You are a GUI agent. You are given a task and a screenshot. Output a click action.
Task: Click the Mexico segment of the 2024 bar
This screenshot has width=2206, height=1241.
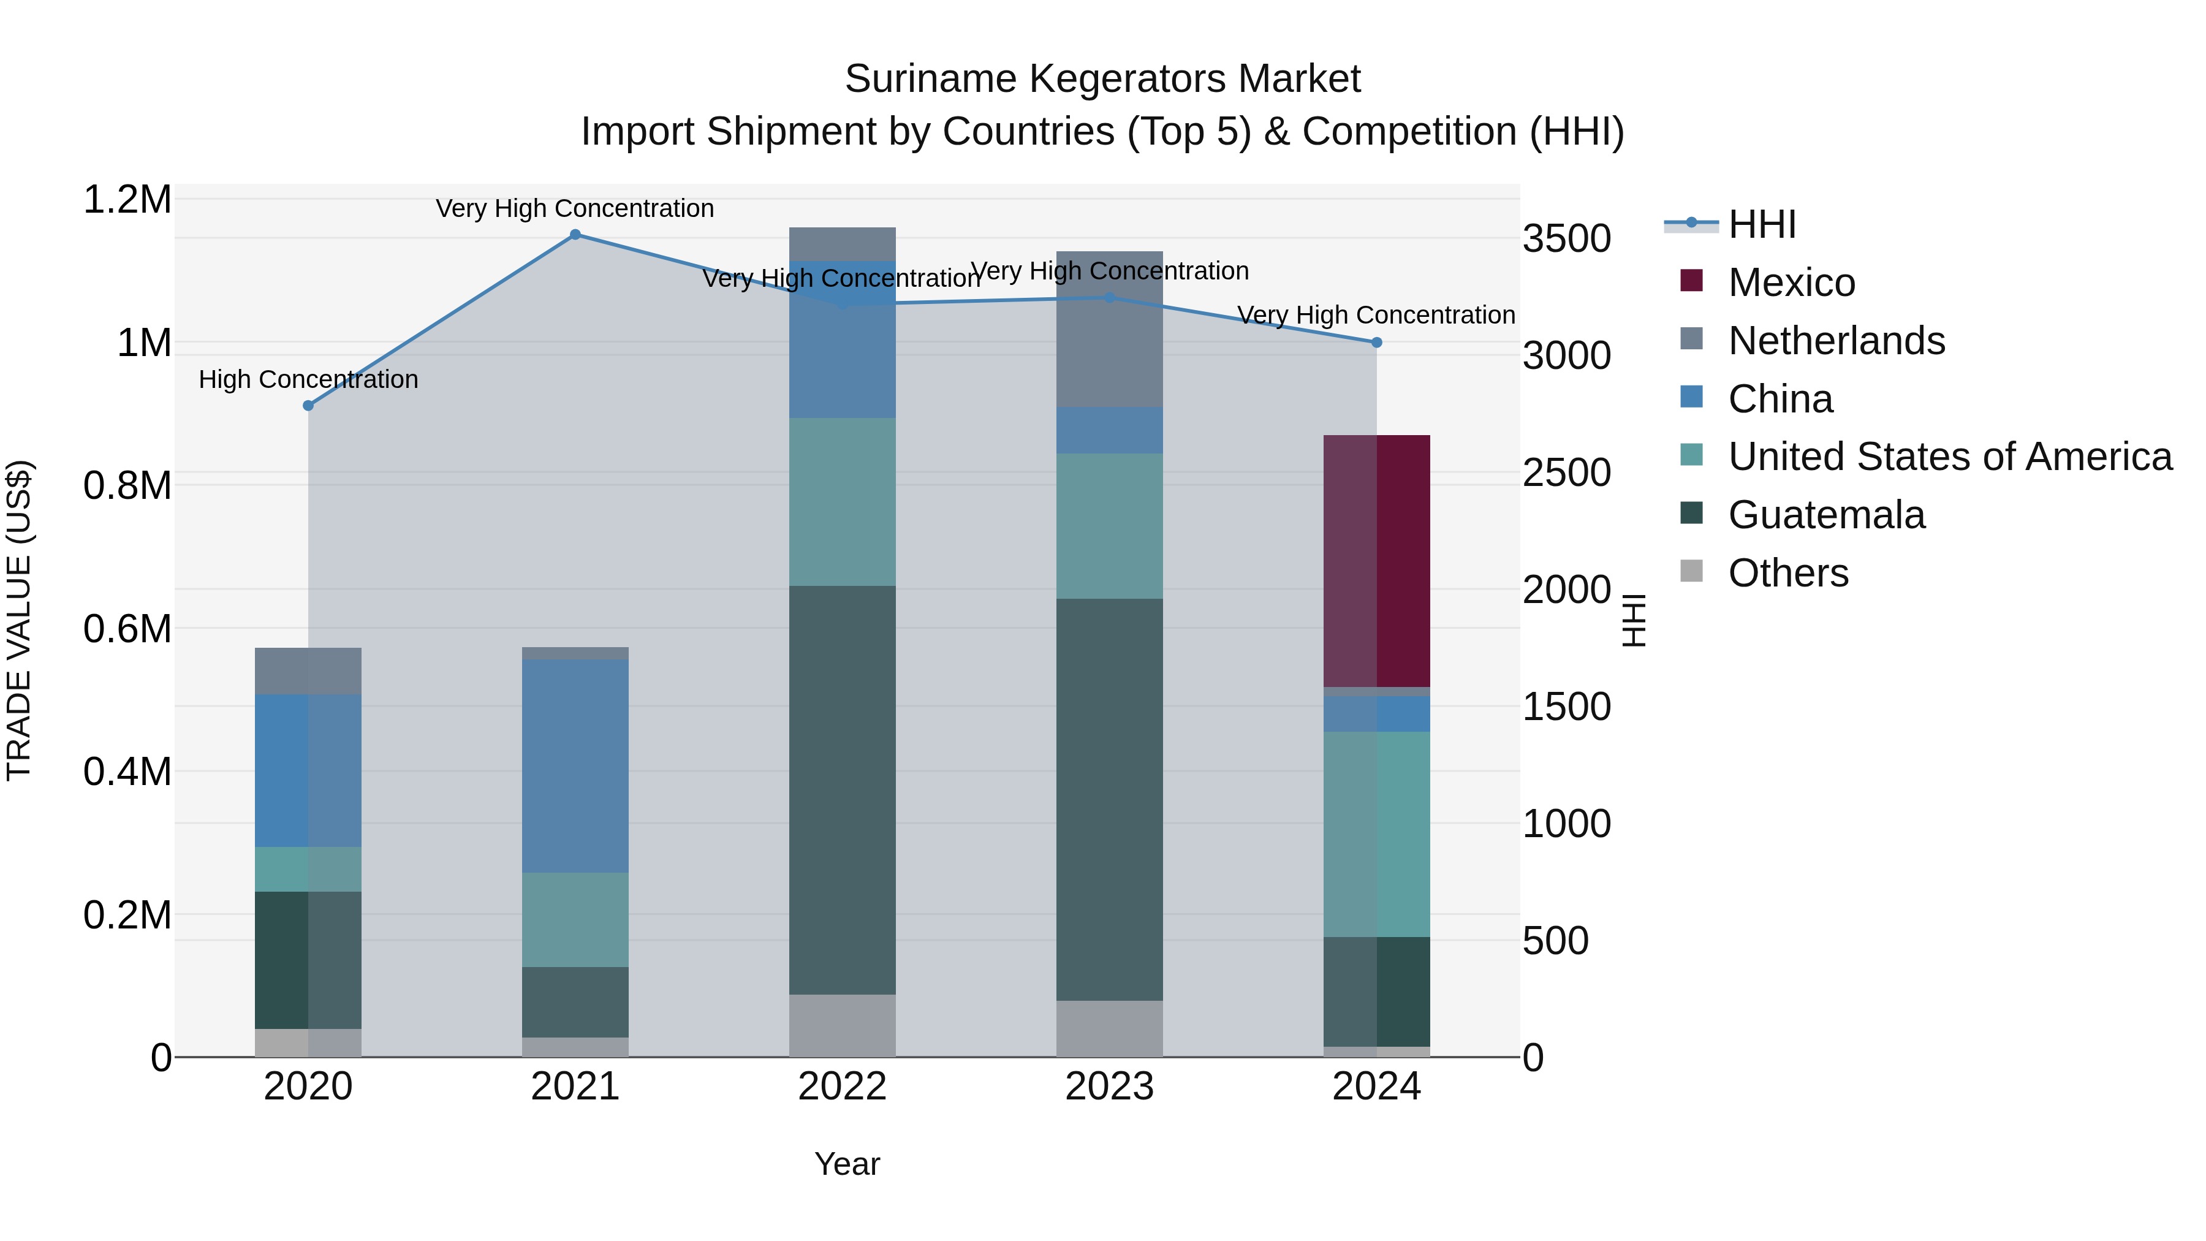click(x=1376, y=560)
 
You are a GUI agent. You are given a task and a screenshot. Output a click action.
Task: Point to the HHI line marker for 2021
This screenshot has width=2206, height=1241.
click(x=575, y=235)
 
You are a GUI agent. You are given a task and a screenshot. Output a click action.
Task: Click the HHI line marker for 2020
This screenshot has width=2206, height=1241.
click(x=308, y=405)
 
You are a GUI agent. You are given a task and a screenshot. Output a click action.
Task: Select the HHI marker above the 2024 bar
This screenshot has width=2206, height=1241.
click(x=1376, y=343)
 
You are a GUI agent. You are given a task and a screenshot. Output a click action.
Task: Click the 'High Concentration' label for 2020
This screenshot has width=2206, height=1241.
click(x=308, y=379)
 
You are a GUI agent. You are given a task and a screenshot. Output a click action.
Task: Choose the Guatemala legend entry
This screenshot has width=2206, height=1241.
click(x=1826, y=515)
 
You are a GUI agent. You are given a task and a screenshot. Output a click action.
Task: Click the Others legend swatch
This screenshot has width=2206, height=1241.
click(x=1691, y=571)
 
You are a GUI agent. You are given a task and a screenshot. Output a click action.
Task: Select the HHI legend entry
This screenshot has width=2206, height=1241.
click(x=1761, y=224)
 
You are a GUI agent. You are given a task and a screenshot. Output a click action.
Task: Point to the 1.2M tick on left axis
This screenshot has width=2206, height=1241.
click(x=127, y=200)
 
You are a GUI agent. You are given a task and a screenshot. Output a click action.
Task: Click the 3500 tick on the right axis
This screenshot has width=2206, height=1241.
click(x=1566, y=239)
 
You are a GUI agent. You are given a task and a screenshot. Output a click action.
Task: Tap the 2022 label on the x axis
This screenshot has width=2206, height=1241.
click(x=842, y=1087)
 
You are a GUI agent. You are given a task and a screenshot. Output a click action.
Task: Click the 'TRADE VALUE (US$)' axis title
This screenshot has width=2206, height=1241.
click(x=19, y=620)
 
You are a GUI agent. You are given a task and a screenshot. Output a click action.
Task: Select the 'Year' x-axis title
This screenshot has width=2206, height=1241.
click(x=847, y=1164)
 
